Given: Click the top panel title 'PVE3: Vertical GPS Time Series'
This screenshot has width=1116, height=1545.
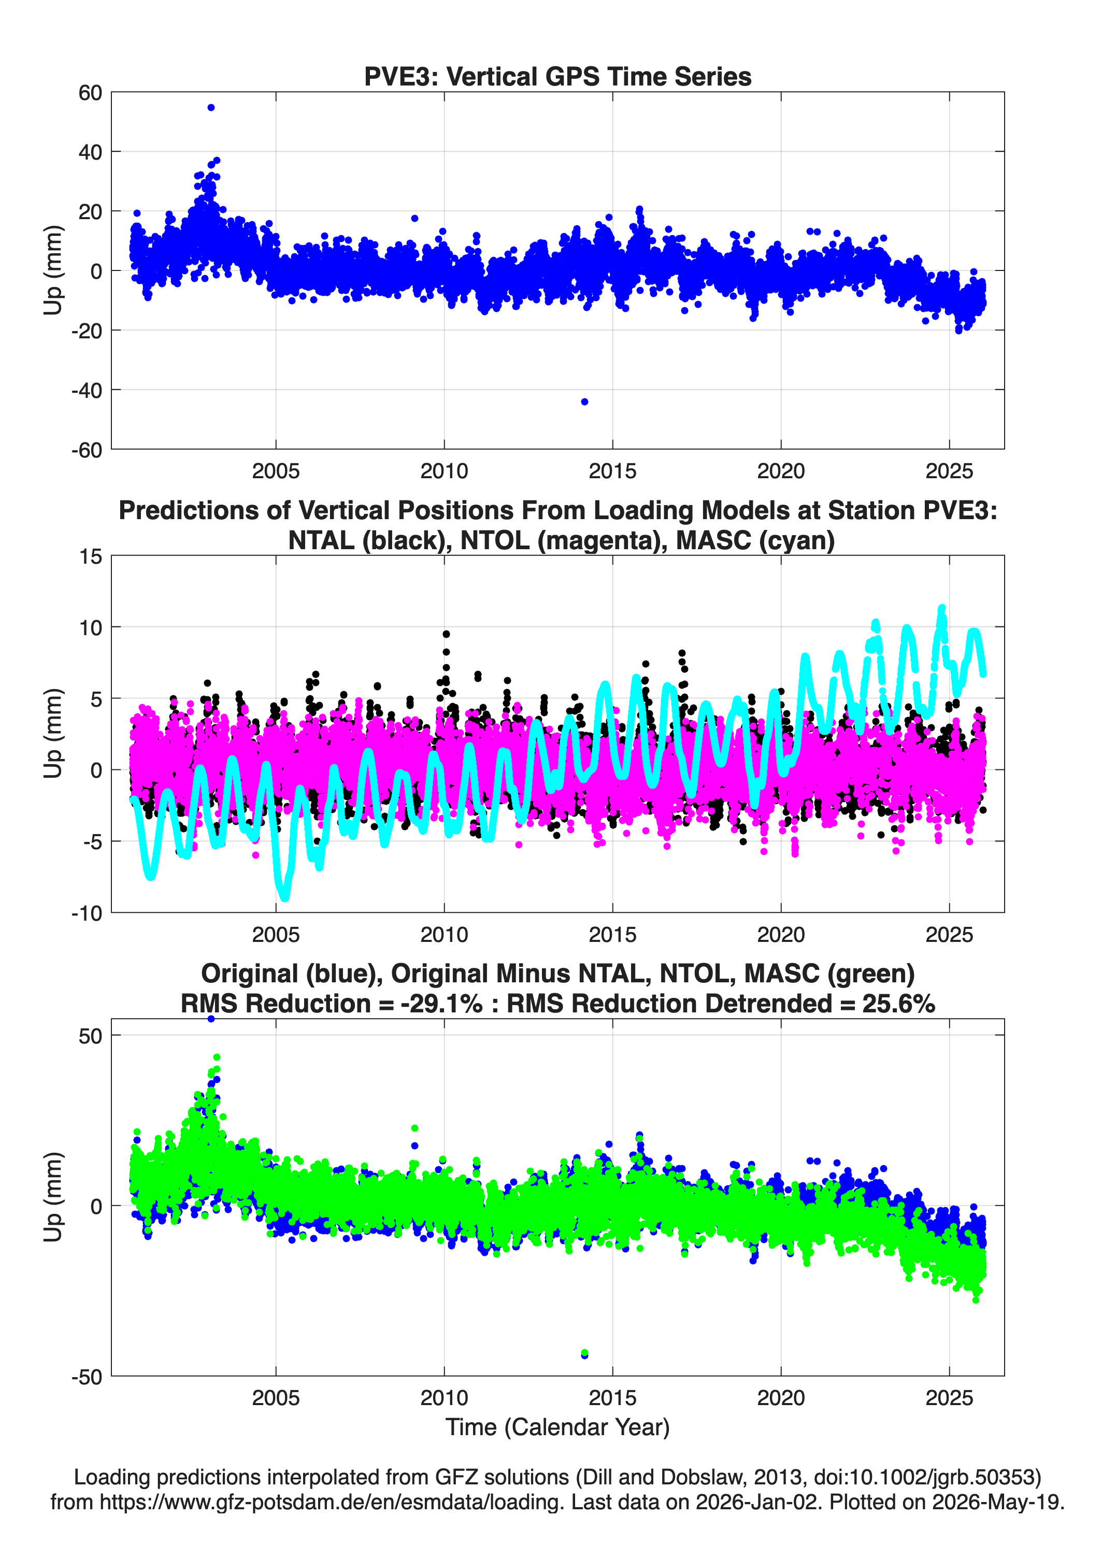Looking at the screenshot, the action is click(x=557, y=76).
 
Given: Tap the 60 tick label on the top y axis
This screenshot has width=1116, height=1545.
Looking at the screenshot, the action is click(x=90, y=93).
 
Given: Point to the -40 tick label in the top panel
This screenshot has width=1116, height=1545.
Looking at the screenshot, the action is click(x=87, y=390).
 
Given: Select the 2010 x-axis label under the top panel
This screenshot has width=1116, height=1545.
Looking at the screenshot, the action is click(x=444, y=471).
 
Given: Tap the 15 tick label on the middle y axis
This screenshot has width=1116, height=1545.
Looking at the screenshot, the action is click(x=91, y=556).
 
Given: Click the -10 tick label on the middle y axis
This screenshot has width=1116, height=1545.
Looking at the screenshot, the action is click(x=87, y=913).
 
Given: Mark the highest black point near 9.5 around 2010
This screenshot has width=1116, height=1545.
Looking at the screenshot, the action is click(x=446, y=634).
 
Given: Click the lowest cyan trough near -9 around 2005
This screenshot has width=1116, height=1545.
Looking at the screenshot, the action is click(x=284, y=896).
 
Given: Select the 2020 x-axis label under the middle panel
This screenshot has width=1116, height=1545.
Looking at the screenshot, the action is click(x=781, y=934).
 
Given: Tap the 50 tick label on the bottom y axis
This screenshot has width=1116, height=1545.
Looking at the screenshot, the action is click(x=90, y=1037).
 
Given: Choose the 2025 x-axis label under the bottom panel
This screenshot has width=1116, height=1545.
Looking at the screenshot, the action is click(x=949, y=1397).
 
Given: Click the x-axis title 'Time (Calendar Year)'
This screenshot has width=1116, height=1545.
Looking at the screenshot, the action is click(x=557, y=1426).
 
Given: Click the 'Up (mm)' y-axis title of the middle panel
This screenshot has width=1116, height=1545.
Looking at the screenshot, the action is click(x=53, y=734).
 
